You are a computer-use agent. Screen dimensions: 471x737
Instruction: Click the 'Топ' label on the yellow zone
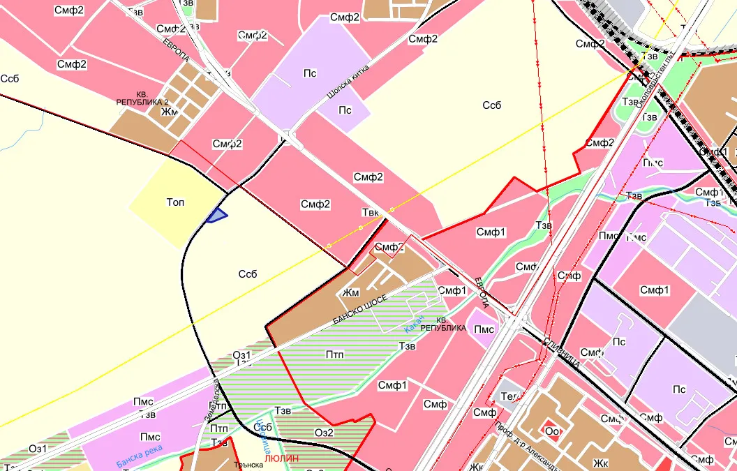tap(176, 202)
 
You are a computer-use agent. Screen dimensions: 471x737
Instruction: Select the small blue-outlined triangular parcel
tap(218, 216)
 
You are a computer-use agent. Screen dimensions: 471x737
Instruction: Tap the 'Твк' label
tap(370, 212)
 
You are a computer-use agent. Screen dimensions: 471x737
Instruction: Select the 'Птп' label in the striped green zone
tap(335, 354)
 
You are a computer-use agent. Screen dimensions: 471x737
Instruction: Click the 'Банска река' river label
tap(139, 455)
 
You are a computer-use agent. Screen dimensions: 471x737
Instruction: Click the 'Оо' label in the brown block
tap(552, 431)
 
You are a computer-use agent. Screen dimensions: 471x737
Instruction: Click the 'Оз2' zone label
tap(325, 433)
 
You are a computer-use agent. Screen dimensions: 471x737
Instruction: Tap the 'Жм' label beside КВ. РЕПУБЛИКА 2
tap(169, 111)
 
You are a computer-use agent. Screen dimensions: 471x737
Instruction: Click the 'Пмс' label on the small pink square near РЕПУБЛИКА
tap(484, 329)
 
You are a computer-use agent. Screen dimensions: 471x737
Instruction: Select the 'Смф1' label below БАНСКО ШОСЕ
tap(392, 384)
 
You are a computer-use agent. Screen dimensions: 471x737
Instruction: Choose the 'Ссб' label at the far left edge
tap(10, 78)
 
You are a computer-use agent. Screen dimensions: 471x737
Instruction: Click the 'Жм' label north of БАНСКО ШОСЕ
tap(350, 293)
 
